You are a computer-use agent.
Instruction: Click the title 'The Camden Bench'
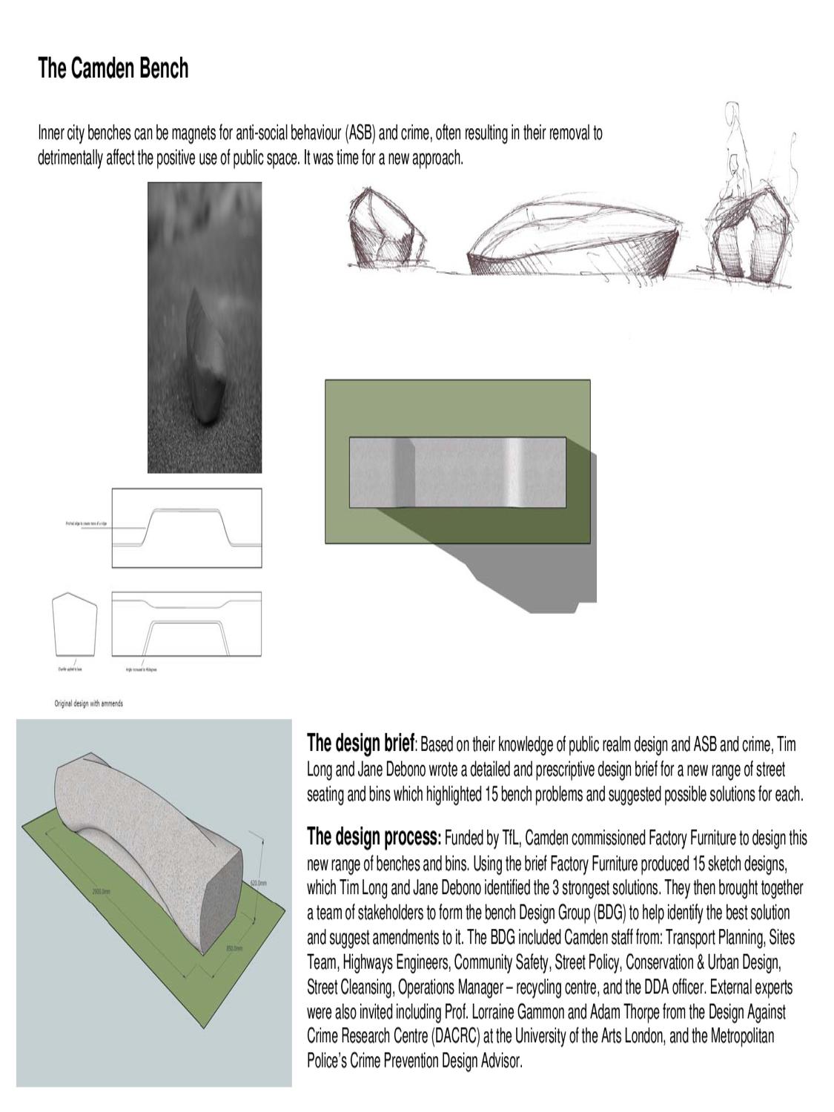tap(113, 69)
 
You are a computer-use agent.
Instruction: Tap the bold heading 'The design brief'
tap(360, 744)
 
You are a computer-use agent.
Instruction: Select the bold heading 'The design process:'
tap(374, 838)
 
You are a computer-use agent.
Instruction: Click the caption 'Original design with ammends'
tap(88, 703)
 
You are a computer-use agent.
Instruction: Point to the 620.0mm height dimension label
tap(257, 884)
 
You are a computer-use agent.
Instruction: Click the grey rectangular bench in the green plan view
tap(457, 473)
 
